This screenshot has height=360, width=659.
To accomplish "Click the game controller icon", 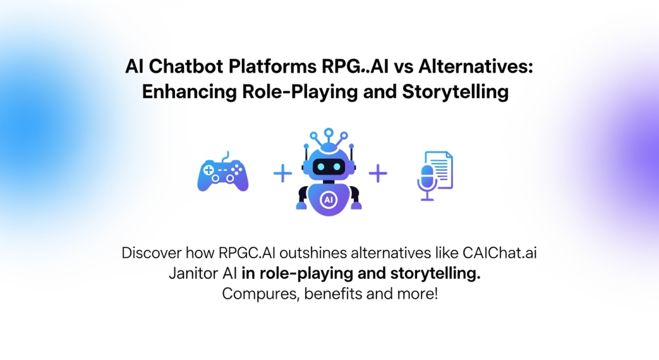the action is point(223,173).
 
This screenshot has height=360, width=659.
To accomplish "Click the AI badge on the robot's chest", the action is point(328,200).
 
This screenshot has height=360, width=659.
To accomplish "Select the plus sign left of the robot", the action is point(283,173).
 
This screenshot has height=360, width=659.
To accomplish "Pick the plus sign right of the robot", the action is point(378,173).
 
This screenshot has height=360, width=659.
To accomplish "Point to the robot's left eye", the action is point(320,167).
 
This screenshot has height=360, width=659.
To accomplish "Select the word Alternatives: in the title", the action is point(476,66).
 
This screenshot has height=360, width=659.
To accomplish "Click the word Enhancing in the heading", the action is point(189,91).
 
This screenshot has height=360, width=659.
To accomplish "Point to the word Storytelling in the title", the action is point(455,91).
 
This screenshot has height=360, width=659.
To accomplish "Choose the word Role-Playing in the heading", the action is point(300,91).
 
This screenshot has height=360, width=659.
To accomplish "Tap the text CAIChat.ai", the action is point(499,252).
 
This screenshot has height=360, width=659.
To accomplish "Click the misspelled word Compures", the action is point(261,294).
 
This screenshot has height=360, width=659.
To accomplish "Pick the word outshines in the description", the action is point(313,252).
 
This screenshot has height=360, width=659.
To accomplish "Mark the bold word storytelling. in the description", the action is point(436,273).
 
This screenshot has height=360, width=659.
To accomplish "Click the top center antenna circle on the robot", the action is point(329,133).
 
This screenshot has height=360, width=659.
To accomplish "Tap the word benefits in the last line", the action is point(333,294).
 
